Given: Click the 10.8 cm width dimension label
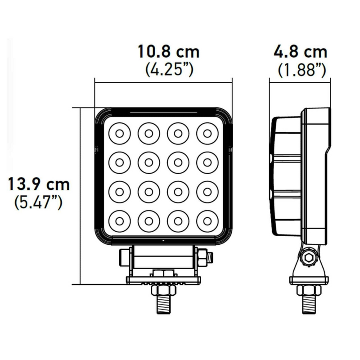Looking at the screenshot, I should pyautogui.click(x=168, y=52).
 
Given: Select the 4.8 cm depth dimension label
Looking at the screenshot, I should pyautogui.click(x=301, y=52).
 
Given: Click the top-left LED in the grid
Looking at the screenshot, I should pyautogui.click(x=120, y=133).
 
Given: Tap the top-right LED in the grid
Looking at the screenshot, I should pyautogui.click(x=207, y=133).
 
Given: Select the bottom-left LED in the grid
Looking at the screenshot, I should pyautogui.click(x=120, y=220).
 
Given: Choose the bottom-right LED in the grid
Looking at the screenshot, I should pyautogui.click(x=207, y=220).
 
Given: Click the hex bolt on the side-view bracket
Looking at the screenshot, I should pyautogui.click(x=309, y=258).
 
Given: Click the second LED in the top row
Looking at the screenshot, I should pyautogui.click(x=149, y=133).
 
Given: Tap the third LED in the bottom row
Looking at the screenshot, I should pyautogui.click(x=178, y=220).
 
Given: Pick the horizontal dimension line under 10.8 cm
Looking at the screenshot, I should pyautogui.click(x=163, y=81).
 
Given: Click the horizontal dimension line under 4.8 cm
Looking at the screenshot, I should pyautogui.click(x=297, y=81).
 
